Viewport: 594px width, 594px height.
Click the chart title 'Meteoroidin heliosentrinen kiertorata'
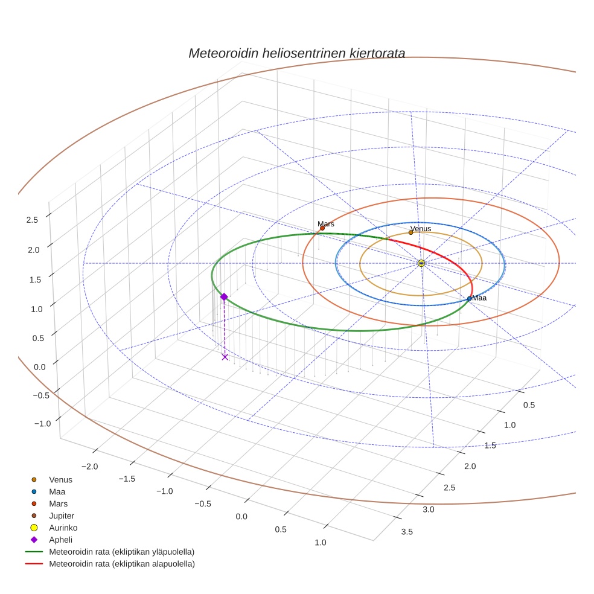point(296,53)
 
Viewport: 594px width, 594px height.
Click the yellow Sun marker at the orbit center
point(421,263)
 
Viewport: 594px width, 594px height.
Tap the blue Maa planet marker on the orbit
point(469,298)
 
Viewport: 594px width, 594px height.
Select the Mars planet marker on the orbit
point(322,228)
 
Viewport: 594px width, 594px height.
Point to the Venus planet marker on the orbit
point(410,232)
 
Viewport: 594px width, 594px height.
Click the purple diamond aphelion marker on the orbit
point(224,296)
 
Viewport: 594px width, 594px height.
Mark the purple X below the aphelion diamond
point(225,357)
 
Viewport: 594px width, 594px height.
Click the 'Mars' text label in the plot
point(326,223)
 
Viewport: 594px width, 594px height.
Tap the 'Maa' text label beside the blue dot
point(479,298)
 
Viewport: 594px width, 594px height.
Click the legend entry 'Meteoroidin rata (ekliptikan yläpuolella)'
point(121,552)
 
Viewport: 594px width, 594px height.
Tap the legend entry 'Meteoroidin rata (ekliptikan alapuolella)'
point(121,564)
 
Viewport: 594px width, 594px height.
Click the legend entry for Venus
point(60,479)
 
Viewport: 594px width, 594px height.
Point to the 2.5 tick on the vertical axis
point(32,220)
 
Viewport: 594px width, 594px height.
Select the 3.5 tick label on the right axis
point(407,531)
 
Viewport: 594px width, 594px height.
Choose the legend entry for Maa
point(58,491)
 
